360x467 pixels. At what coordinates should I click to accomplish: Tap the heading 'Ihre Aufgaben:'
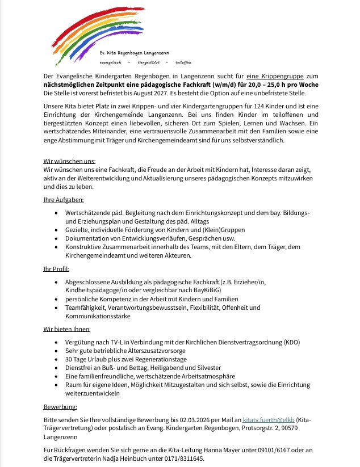point(64,200)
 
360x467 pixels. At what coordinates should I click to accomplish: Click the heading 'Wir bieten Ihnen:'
point(67,329)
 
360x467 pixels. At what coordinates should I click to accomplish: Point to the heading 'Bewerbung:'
point(60,407)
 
